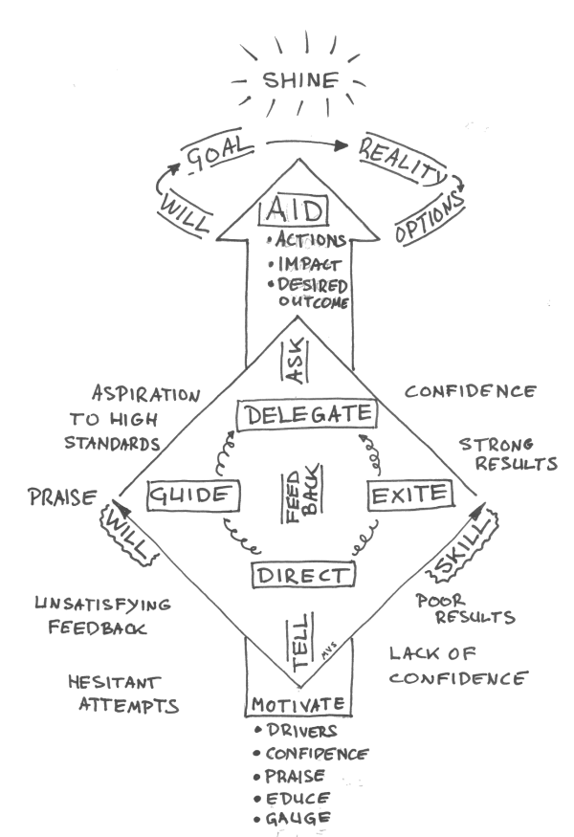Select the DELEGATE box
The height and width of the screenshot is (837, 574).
pyautogui.click(x=304, y=415)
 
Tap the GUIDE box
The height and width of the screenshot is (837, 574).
pyautogui.click(x=191, y=496)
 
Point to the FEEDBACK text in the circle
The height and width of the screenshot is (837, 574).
pyautogui.click(x=298, y=494)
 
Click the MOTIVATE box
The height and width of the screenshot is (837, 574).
pyautogui.click(x=299, y=707)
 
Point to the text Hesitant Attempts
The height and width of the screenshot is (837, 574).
pyautogui.click(x=122, y=695)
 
